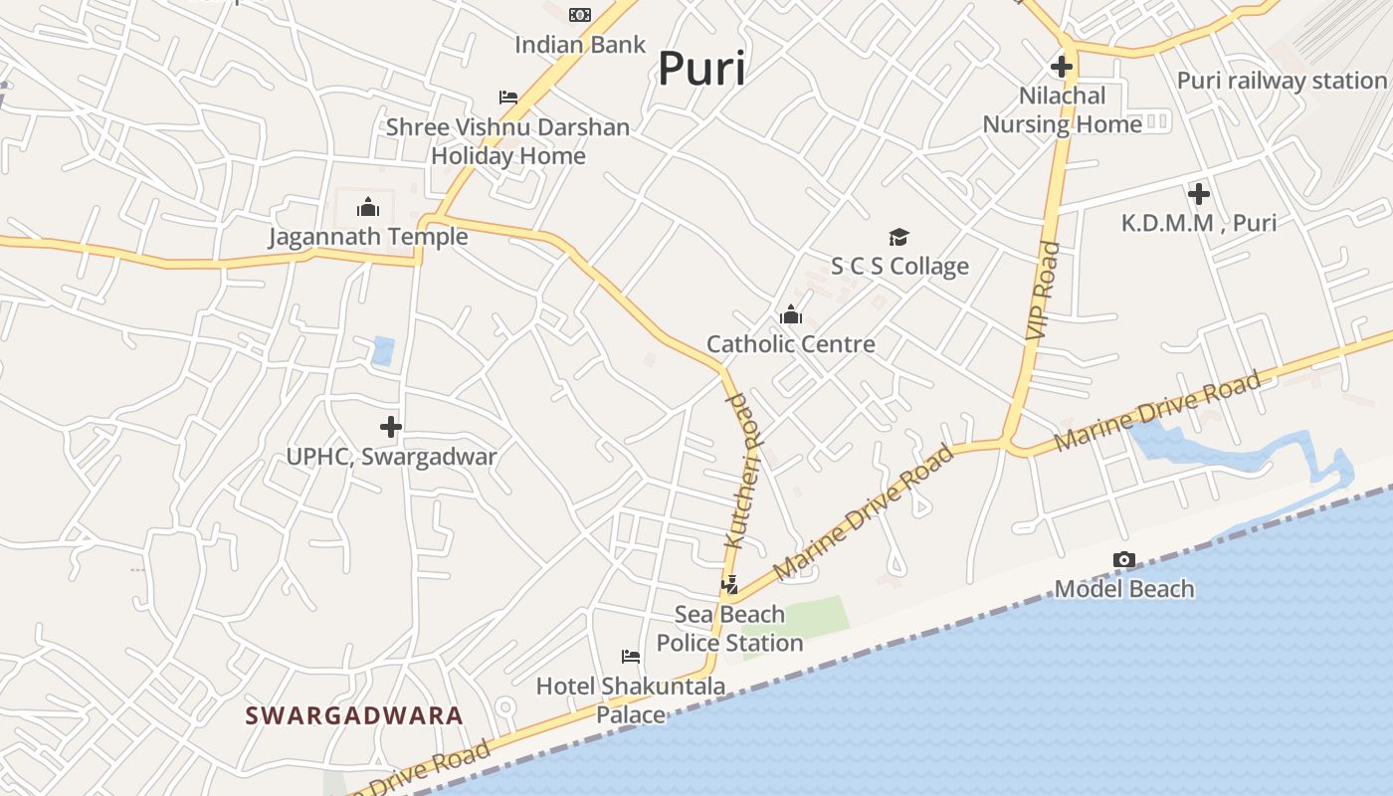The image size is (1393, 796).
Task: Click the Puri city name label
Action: click(701, 70)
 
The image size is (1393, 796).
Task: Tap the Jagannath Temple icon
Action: click(368, 207)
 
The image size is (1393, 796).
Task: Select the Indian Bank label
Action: click(580, 45)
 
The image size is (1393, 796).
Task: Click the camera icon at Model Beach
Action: click(1124, 560)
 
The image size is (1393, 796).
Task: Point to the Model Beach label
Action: click(1124, 589)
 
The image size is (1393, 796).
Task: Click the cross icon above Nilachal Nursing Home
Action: click(1062, 68)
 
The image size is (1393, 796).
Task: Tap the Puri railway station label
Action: click(1282, 81)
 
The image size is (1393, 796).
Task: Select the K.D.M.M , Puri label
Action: click(1199, 223)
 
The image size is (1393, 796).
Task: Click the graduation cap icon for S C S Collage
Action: click(898, 237)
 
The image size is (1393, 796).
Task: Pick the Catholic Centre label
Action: click(791, 344)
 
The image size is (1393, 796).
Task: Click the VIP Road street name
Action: click(1044, 291)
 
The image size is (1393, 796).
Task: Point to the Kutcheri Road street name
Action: click(742, 470)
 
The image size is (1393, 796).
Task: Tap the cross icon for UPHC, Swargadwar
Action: click(391, 427)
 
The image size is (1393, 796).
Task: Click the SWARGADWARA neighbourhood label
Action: click(354, 715)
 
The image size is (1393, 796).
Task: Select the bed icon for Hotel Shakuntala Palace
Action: click(631, 657)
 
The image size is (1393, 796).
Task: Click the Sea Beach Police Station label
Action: click(729, 629)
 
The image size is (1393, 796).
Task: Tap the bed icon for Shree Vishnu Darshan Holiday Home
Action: click(508, 98)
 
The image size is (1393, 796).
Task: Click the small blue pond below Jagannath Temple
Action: click(383, 350)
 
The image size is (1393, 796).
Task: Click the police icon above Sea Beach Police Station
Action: click(730, 585)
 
